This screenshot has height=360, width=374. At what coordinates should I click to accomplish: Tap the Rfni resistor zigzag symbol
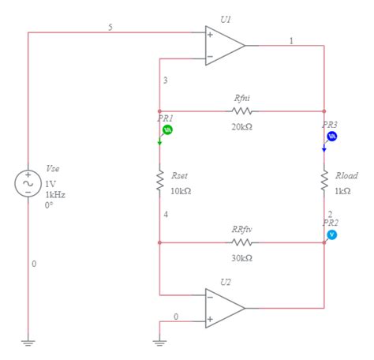[x=241, y=111]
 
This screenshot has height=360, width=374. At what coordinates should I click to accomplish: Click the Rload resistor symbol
[x=324, y=182]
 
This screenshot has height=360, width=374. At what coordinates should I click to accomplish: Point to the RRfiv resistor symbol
[x=241, y=242]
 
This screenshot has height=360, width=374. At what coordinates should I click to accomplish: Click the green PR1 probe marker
[x=167, y=129]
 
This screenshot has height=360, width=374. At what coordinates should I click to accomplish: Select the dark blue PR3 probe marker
[x=332, y=136]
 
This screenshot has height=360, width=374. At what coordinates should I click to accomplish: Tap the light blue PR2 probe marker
[x=332, y=234]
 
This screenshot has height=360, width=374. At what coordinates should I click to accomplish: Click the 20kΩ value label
[x=241, y=126]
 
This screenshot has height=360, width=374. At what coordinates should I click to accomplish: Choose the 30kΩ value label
[x=241, y=258]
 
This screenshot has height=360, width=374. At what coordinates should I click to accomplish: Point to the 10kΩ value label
[x=181, y=190]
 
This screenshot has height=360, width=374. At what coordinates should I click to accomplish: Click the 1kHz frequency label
[x=55, y=193]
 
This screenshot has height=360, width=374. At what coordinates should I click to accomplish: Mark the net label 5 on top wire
[x=110, y=27]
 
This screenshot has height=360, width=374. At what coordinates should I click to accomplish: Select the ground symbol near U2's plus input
[x=159, y=343]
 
